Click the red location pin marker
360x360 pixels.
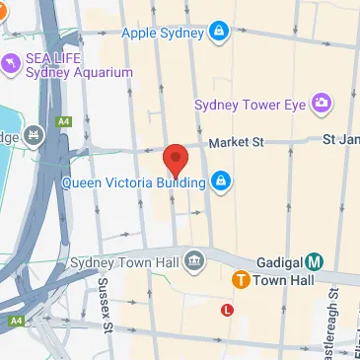[176, 158]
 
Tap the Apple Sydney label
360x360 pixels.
[162, 33]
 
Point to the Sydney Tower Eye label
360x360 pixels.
[251, 104]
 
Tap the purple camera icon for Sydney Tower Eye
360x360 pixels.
[321, 103]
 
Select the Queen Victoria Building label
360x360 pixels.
[132, 181]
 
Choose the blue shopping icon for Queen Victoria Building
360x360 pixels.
[222, 180]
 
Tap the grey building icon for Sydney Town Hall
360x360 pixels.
[195, 260]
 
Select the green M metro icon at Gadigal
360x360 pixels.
[314, 261]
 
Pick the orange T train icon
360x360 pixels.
[240, 281]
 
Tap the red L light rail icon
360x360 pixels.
[229, 310]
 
